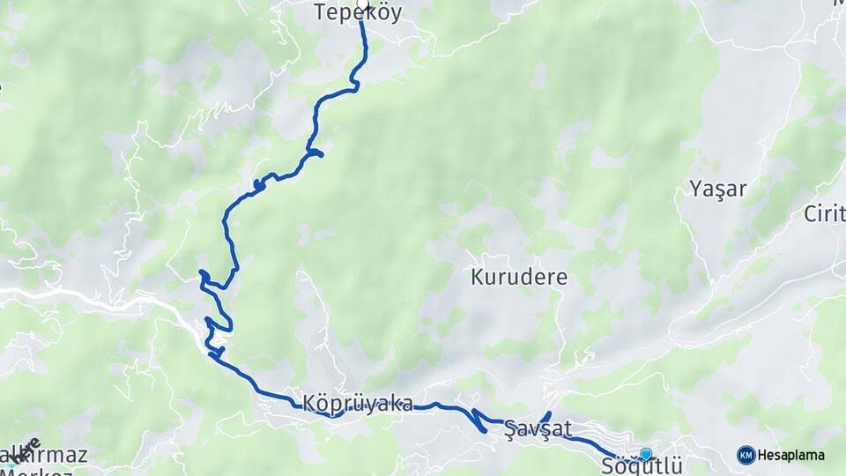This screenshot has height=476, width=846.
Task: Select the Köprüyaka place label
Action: tap(358, 404)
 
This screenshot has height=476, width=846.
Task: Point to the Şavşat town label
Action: tap(538, 429)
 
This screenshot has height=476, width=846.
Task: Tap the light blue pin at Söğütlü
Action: tap(646, 454)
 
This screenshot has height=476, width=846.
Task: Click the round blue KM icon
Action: tap(746, 455)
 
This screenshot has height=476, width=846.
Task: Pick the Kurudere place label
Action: tap(519, 277)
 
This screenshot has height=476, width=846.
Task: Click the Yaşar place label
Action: tap(718, 188)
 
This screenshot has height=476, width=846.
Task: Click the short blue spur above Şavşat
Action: tap(545, 416)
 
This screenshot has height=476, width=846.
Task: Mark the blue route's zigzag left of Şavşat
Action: tap(479, 420)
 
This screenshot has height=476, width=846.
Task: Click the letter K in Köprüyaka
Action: tap(308, 404)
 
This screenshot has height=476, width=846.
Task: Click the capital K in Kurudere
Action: tap(477, 277)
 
